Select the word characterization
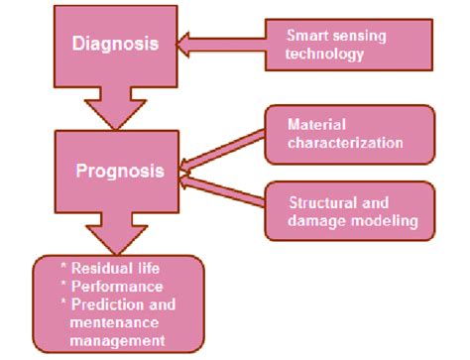[346, 142]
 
